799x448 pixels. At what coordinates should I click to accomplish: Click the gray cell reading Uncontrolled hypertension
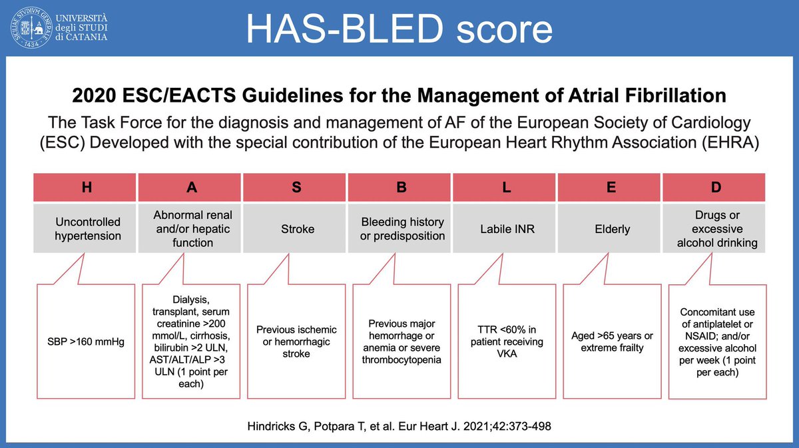click(87, 229)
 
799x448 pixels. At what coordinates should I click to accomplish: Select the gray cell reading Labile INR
click(506, 229)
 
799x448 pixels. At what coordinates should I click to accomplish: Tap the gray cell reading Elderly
click(611, 229)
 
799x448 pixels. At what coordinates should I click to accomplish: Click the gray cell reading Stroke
click(296, 229)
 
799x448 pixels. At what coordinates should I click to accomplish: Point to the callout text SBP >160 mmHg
click(87, 342)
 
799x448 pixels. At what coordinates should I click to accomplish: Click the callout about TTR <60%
click(506, 342)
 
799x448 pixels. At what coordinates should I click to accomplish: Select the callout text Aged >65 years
click(611, 342)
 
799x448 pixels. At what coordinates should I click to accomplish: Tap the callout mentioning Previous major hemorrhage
click(401, 342)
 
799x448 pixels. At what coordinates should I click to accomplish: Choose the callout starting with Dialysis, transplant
click(192, 342)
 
